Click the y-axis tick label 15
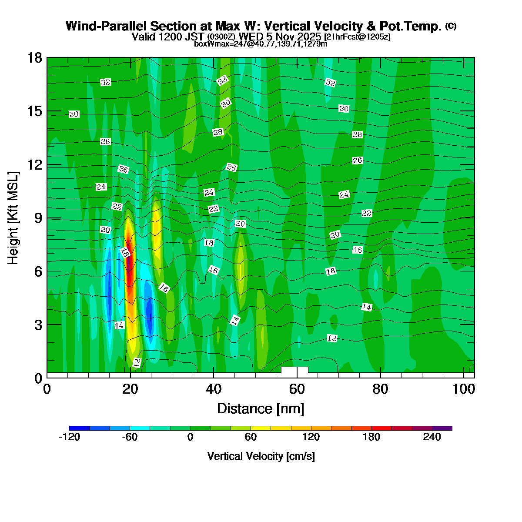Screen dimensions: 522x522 (x=34, y=111)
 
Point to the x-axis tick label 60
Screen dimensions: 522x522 (x=297, y=389)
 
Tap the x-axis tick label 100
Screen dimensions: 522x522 (x=464, y=389)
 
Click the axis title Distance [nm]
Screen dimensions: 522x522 (x=261, y=408)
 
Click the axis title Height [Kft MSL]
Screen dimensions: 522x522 (x=13, y=218)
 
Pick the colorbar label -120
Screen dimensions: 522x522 (x=69, y=437)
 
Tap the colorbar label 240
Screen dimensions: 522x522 (x=432, y=437)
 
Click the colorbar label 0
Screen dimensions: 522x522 (x=190, y=437)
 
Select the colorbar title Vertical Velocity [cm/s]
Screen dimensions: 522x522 (x=261, y=456)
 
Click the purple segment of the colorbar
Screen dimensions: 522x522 (x=442, y=428)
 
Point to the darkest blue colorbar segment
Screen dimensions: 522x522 (x=79, y=428)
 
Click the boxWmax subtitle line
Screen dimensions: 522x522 (x=261, y=43)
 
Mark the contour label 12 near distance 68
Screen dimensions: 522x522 (x=332, y=338)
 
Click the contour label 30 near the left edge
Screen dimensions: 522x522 (x=74, y=114)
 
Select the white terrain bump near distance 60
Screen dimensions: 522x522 (x=294, y=370)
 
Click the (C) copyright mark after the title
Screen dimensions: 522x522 (x=451, y=26)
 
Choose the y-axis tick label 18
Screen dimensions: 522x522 (x=34, y=57)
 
